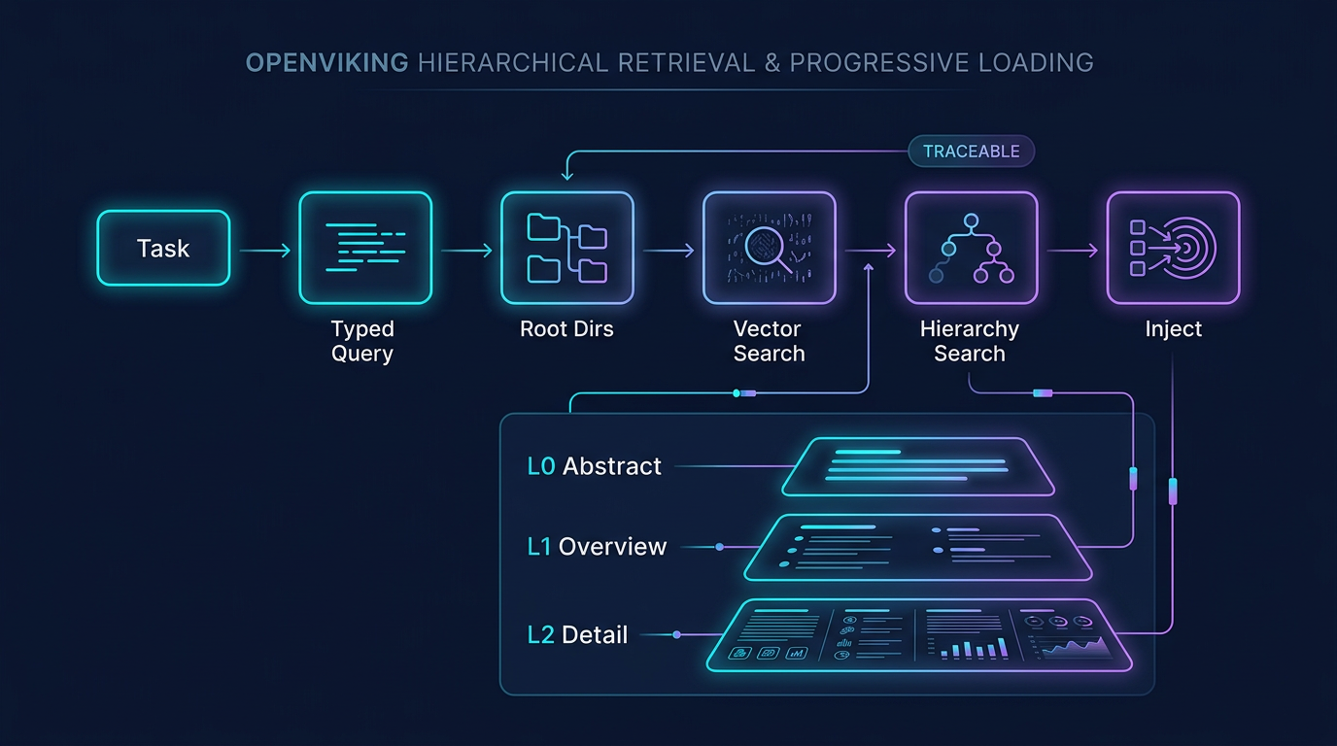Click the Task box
coord(163,249)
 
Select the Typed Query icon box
coord(365,249)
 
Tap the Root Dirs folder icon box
coord(567,249)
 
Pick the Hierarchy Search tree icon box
coord(972,249)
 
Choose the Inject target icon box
coord(1174,249)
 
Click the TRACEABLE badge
coord(972,152)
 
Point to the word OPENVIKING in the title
coord(326,63)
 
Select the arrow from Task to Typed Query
coord(264,252)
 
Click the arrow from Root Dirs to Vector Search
coord(668,252)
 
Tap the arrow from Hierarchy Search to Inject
coord(1073,252)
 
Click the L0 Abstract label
coord(595,466)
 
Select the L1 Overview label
coord(597,547)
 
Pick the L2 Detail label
coord(577,635)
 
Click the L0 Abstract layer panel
coord(919,466)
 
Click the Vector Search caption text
coord(769,341)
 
